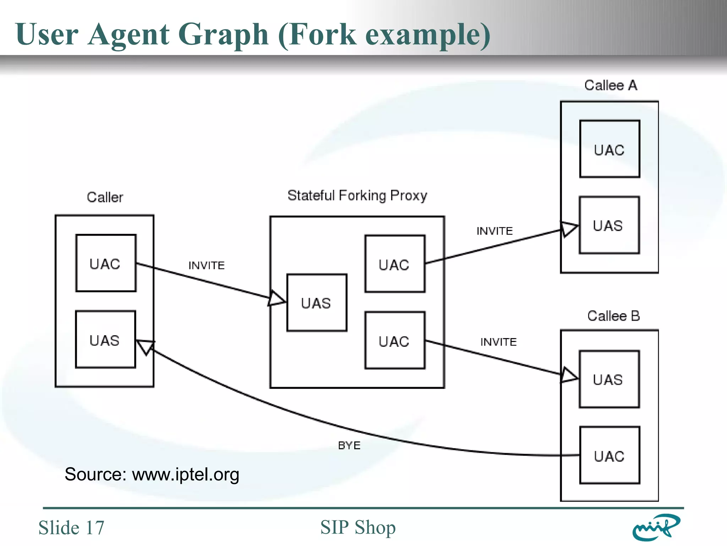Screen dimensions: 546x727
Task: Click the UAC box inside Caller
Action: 106,263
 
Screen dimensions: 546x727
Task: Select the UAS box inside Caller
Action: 105,339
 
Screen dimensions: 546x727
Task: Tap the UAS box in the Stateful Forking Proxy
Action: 317,303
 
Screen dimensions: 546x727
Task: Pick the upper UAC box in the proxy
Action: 395,264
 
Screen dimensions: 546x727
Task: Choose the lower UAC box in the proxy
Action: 395,341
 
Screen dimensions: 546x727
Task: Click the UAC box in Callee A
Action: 610,149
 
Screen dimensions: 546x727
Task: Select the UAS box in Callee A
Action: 609,225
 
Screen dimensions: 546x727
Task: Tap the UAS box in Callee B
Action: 609,379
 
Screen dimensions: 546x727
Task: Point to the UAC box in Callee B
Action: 610,455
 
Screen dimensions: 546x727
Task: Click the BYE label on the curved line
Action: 349,445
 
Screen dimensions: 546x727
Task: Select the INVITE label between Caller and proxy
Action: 207,266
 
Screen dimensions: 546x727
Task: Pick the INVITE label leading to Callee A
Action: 494,231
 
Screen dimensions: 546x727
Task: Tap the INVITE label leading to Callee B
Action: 498,342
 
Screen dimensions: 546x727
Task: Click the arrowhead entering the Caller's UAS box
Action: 146,346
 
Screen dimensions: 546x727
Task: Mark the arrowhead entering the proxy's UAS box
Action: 276,299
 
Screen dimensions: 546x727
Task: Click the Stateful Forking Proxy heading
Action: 357,196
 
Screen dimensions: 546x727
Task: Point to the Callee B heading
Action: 613,316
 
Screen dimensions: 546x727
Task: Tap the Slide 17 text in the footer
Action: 71,528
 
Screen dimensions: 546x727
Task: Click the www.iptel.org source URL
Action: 186,475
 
